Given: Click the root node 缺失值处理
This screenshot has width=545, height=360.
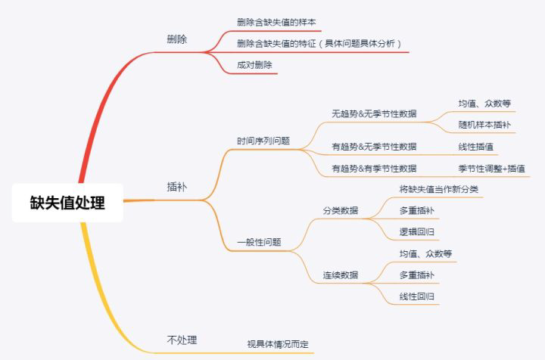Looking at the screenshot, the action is click(x=67, y=202).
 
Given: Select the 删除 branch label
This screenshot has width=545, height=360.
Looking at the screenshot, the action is click(x=177, y=39).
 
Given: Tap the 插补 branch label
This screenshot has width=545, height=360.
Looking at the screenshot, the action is click(x=177, y=185).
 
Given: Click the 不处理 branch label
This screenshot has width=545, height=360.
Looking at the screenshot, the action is click(x=182, y=339).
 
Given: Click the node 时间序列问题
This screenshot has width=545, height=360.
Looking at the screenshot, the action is click(x=263, y=141).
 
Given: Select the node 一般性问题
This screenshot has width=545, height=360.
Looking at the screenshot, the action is click(x=259, y=242).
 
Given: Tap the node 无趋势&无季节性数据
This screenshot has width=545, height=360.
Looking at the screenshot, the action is click(x=374, y=113).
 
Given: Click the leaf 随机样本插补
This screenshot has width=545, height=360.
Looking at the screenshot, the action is click(x=484, y=124).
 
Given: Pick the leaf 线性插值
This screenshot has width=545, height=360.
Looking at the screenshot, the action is click(x=475, y=147).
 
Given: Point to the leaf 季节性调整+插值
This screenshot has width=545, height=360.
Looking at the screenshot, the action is click(x=491, y=168).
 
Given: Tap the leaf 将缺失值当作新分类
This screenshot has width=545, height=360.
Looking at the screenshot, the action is click(x=438, y=188).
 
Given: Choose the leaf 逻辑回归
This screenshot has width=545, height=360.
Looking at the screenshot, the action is click(x=416, y=231).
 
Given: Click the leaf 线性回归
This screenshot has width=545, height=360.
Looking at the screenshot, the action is click(x=416, y=296).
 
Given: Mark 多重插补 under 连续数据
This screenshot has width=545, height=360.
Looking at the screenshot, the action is click(x=416, y=274).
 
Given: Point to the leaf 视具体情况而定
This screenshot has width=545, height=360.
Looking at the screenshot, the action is click(x=278, y=344).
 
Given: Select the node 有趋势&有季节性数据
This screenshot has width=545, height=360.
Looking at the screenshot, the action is click(x=374, y=168).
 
